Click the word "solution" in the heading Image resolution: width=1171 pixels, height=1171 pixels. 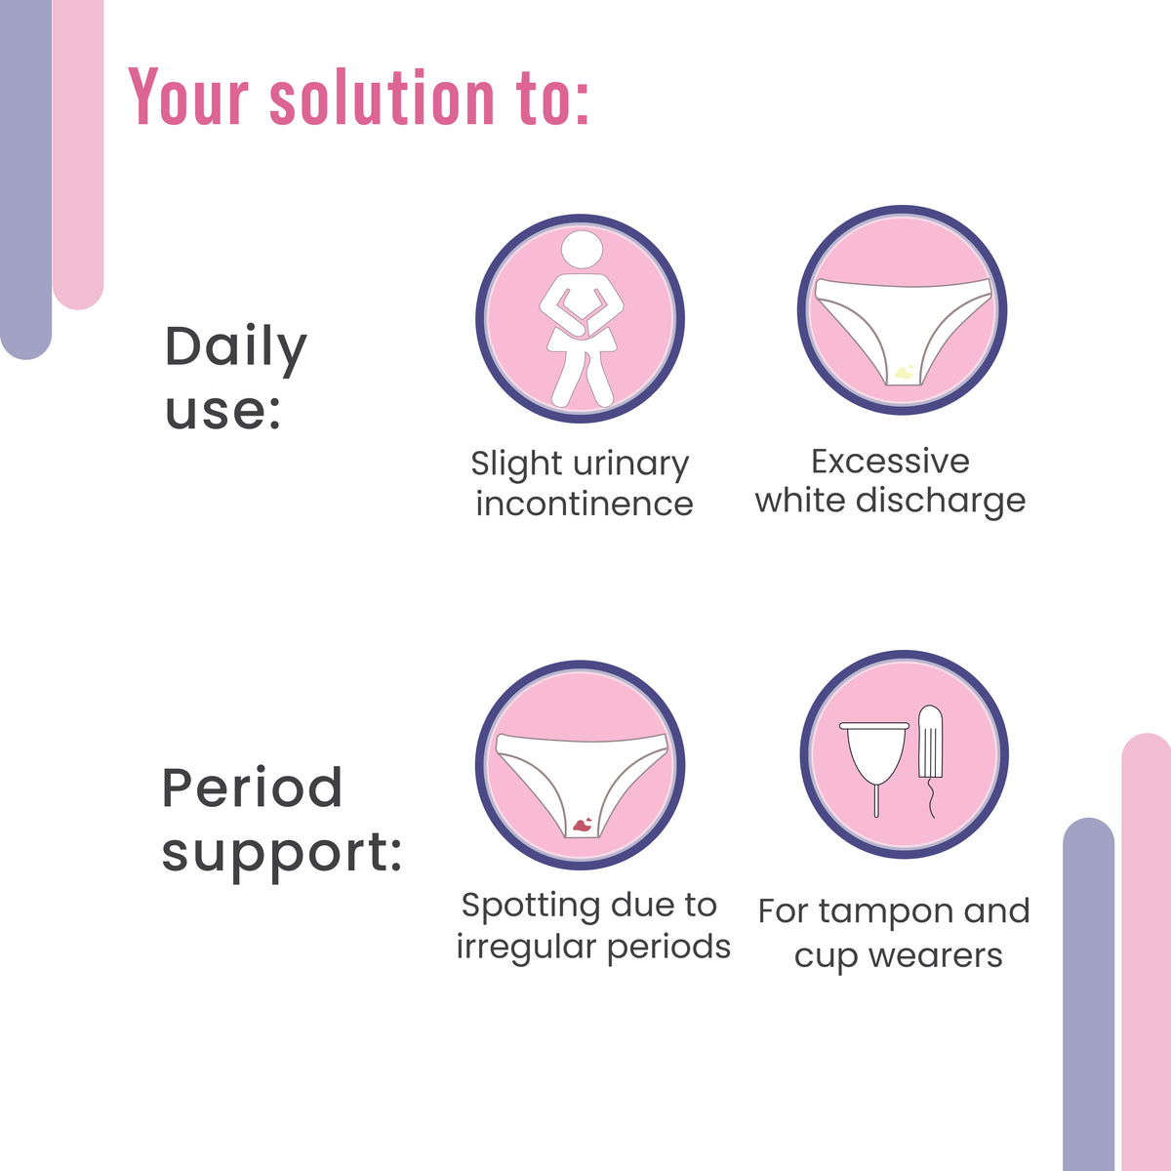383,98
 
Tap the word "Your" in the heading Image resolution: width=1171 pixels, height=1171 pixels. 189,98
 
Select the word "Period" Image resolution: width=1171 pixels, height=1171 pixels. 252,788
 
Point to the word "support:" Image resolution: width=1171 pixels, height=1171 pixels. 281,852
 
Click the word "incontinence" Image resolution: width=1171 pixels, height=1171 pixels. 584,504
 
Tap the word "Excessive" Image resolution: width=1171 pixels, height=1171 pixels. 890,461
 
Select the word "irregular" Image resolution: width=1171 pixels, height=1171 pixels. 527,947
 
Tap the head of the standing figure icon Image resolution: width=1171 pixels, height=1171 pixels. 582,248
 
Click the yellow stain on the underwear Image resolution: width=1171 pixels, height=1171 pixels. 904,371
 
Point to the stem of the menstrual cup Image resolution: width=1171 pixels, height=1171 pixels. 876,801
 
